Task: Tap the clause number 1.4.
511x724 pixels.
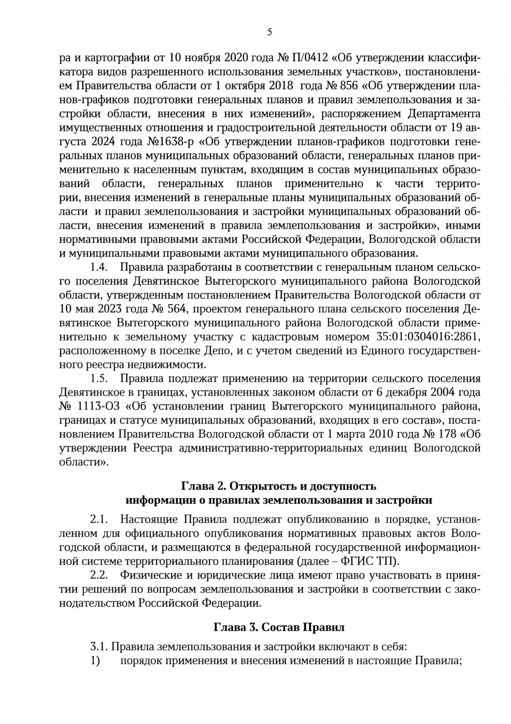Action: point(98,268)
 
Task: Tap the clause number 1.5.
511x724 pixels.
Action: point(98,378)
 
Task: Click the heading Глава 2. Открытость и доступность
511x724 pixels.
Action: point(279,486)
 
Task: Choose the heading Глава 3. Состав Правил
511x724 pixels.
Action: point(279,628)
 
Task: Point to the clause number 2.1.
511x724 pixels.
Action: point(98,519)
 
